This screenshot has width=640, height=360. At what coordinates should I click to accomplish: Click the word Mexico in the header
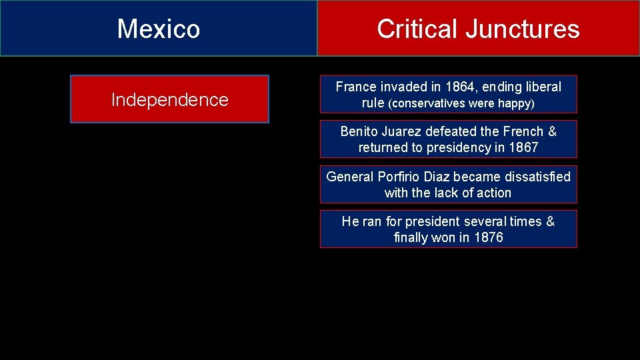click(x=159, y=29)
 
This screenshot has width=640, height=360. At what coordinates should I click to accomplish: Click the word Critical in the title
click(x=417, y=29)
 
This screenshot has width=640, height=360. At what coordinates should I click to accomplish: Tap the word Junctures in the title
click(x=522, y=29)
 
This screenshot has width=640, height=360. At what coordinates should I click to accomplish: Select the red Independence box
click(x=169, y=99)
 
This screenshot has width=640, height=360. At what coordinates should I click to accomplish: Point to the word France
click(x=356, y=87)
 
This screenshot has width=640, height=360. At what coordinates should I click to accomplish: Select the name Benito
click(x=360, y=131)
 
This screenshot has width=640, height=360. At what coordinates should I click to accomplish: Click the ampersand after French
click(x=552, y=131)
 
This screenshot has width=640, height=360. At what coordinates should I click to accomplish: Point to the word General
click(x=350, y=177)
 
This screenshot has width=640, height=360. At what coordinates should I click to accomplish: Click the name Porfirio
click(x=400, y=177)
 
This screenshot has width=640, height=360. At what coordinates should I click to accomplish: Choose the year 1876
click(x=488, y=237)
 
